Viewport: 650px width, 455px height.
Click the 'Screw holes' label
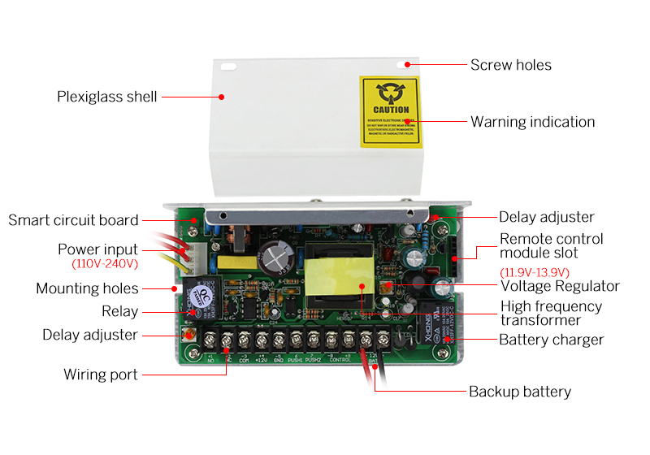(x=511, y=64)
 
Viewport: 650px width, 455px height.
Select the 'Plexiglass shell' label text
(x=106, y=97)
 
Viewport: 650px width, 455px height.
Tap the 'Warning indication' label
(x=532, y=122)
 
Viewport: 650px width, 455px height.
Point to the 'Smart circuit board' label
(x=73, y=220)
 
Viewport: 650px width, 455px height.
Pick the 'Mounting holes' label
(x=87, y=288)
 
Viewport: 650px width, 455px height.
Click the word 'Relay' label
(x=119, y=311)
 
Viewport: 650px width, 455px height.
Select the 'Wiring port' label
(x=101, y=375)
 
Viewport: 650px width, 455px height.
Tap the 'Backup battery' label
(x=520, y=392)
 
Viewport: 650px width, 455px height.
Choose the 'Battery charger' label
(x=551, y=340)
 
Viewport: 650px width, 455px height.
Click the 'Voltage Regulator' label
(x=560, y=286)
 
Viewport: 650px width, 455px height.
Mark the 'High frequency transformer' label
(x=551, y=314)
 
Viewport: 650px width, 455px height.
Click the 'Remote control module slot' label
(x=551, y=245)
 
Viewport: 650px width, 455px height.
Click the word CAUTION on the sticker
(x=391, y=110)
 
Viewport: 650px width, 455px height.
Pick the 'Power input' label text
(x=97, y=249)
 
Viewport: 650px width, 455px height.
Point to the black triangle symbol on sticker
(x=391, y=92)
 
